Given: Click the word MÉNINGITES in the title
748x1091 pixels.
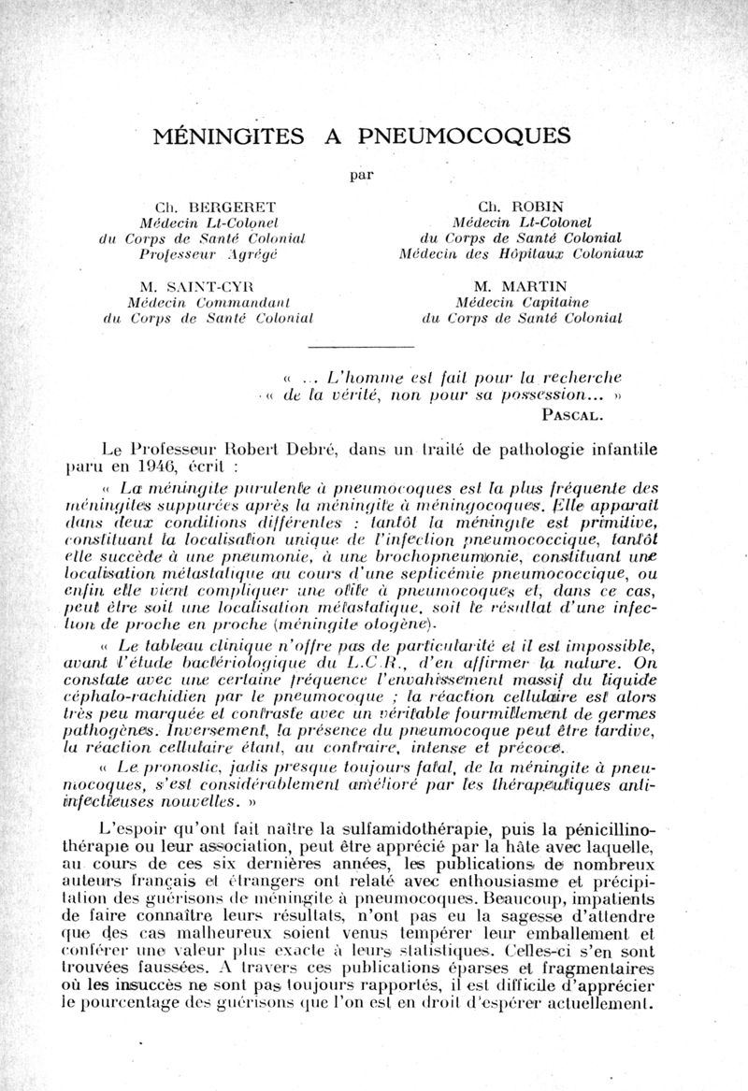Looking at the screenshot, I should [x=228, y=136].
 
